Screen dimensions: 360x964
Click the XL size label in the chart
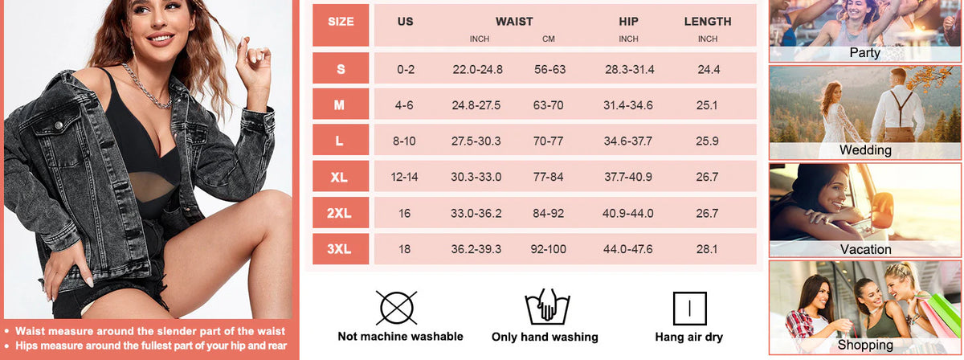pyautogui.click(x=341, y=177)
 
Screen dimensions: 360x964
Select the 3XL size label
pyautogui.click(x=341, y=249)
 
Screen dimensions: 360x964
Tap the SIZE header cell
pyautogui.click(x=341, y=22)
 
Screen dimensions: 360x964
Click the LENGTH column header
pyautogui.click(x=707, y=22)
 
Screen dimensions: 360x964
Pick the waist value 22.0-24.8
pyautogui.click(x=477, y=69)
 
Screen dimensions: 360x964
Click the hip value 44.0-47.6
pyautogui.click(x=629, y=249)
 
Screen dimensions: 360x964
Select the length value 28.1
pyautogui.click(x=708, y=249)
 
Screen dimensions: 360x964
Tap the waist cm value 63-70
pyautogui.click(x=549, y=105)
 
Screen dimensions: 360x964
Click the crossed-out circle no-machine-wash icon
pyautogui.click(x=395, y=308)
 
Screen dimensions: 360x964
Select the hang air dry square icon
pyautogui.click(x=690, y=308)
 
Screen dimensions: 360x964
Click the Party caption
pyautogui.click(x=864, y=53)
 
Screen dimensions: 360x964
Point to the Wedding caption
pyautogui.click(x=865, y=150)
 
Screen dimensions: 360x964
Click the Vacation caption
pyautogui.click(x=865, y=249)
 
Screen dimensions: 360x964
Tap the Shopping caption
pyautogui.click(x=865, y=346)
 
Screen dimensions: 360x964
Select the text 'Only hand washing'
pyautogui.click(x=545, y=337)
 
